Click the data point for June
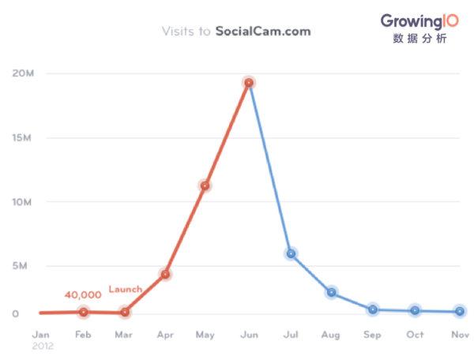pyautogui.click(x=249, y=83)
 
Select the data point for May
pyautogui.click(x=205, y=186)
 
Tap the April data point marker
pyautogui.click(x=165, y=274)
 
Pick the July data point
pyautogui.click(x=292, y=253)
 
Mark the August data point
pyautogui.click(x=332, y=292)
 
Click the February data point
pyautogui.click(x=83, y=312)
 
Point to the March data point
pyautogui.click(x=124, y=313)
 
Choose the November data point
pyautogui.click(x=459, y=312)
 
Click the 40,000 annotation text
pyautogui.click(x=83, y=294)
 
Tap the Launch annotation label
pyautogui.click(x=126, y=290)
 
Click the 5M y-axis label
pyautogui.click(x=21, y=266)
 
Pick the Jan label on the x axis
pyautogui.click(x=41, y=335)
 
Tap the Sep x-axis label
pyautogui.click(x=373, y=335)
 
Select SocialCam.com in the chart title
pyautogui.click(x=263, y=32)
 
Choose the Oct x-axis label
pyautogui.click(x=415, y=335)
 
